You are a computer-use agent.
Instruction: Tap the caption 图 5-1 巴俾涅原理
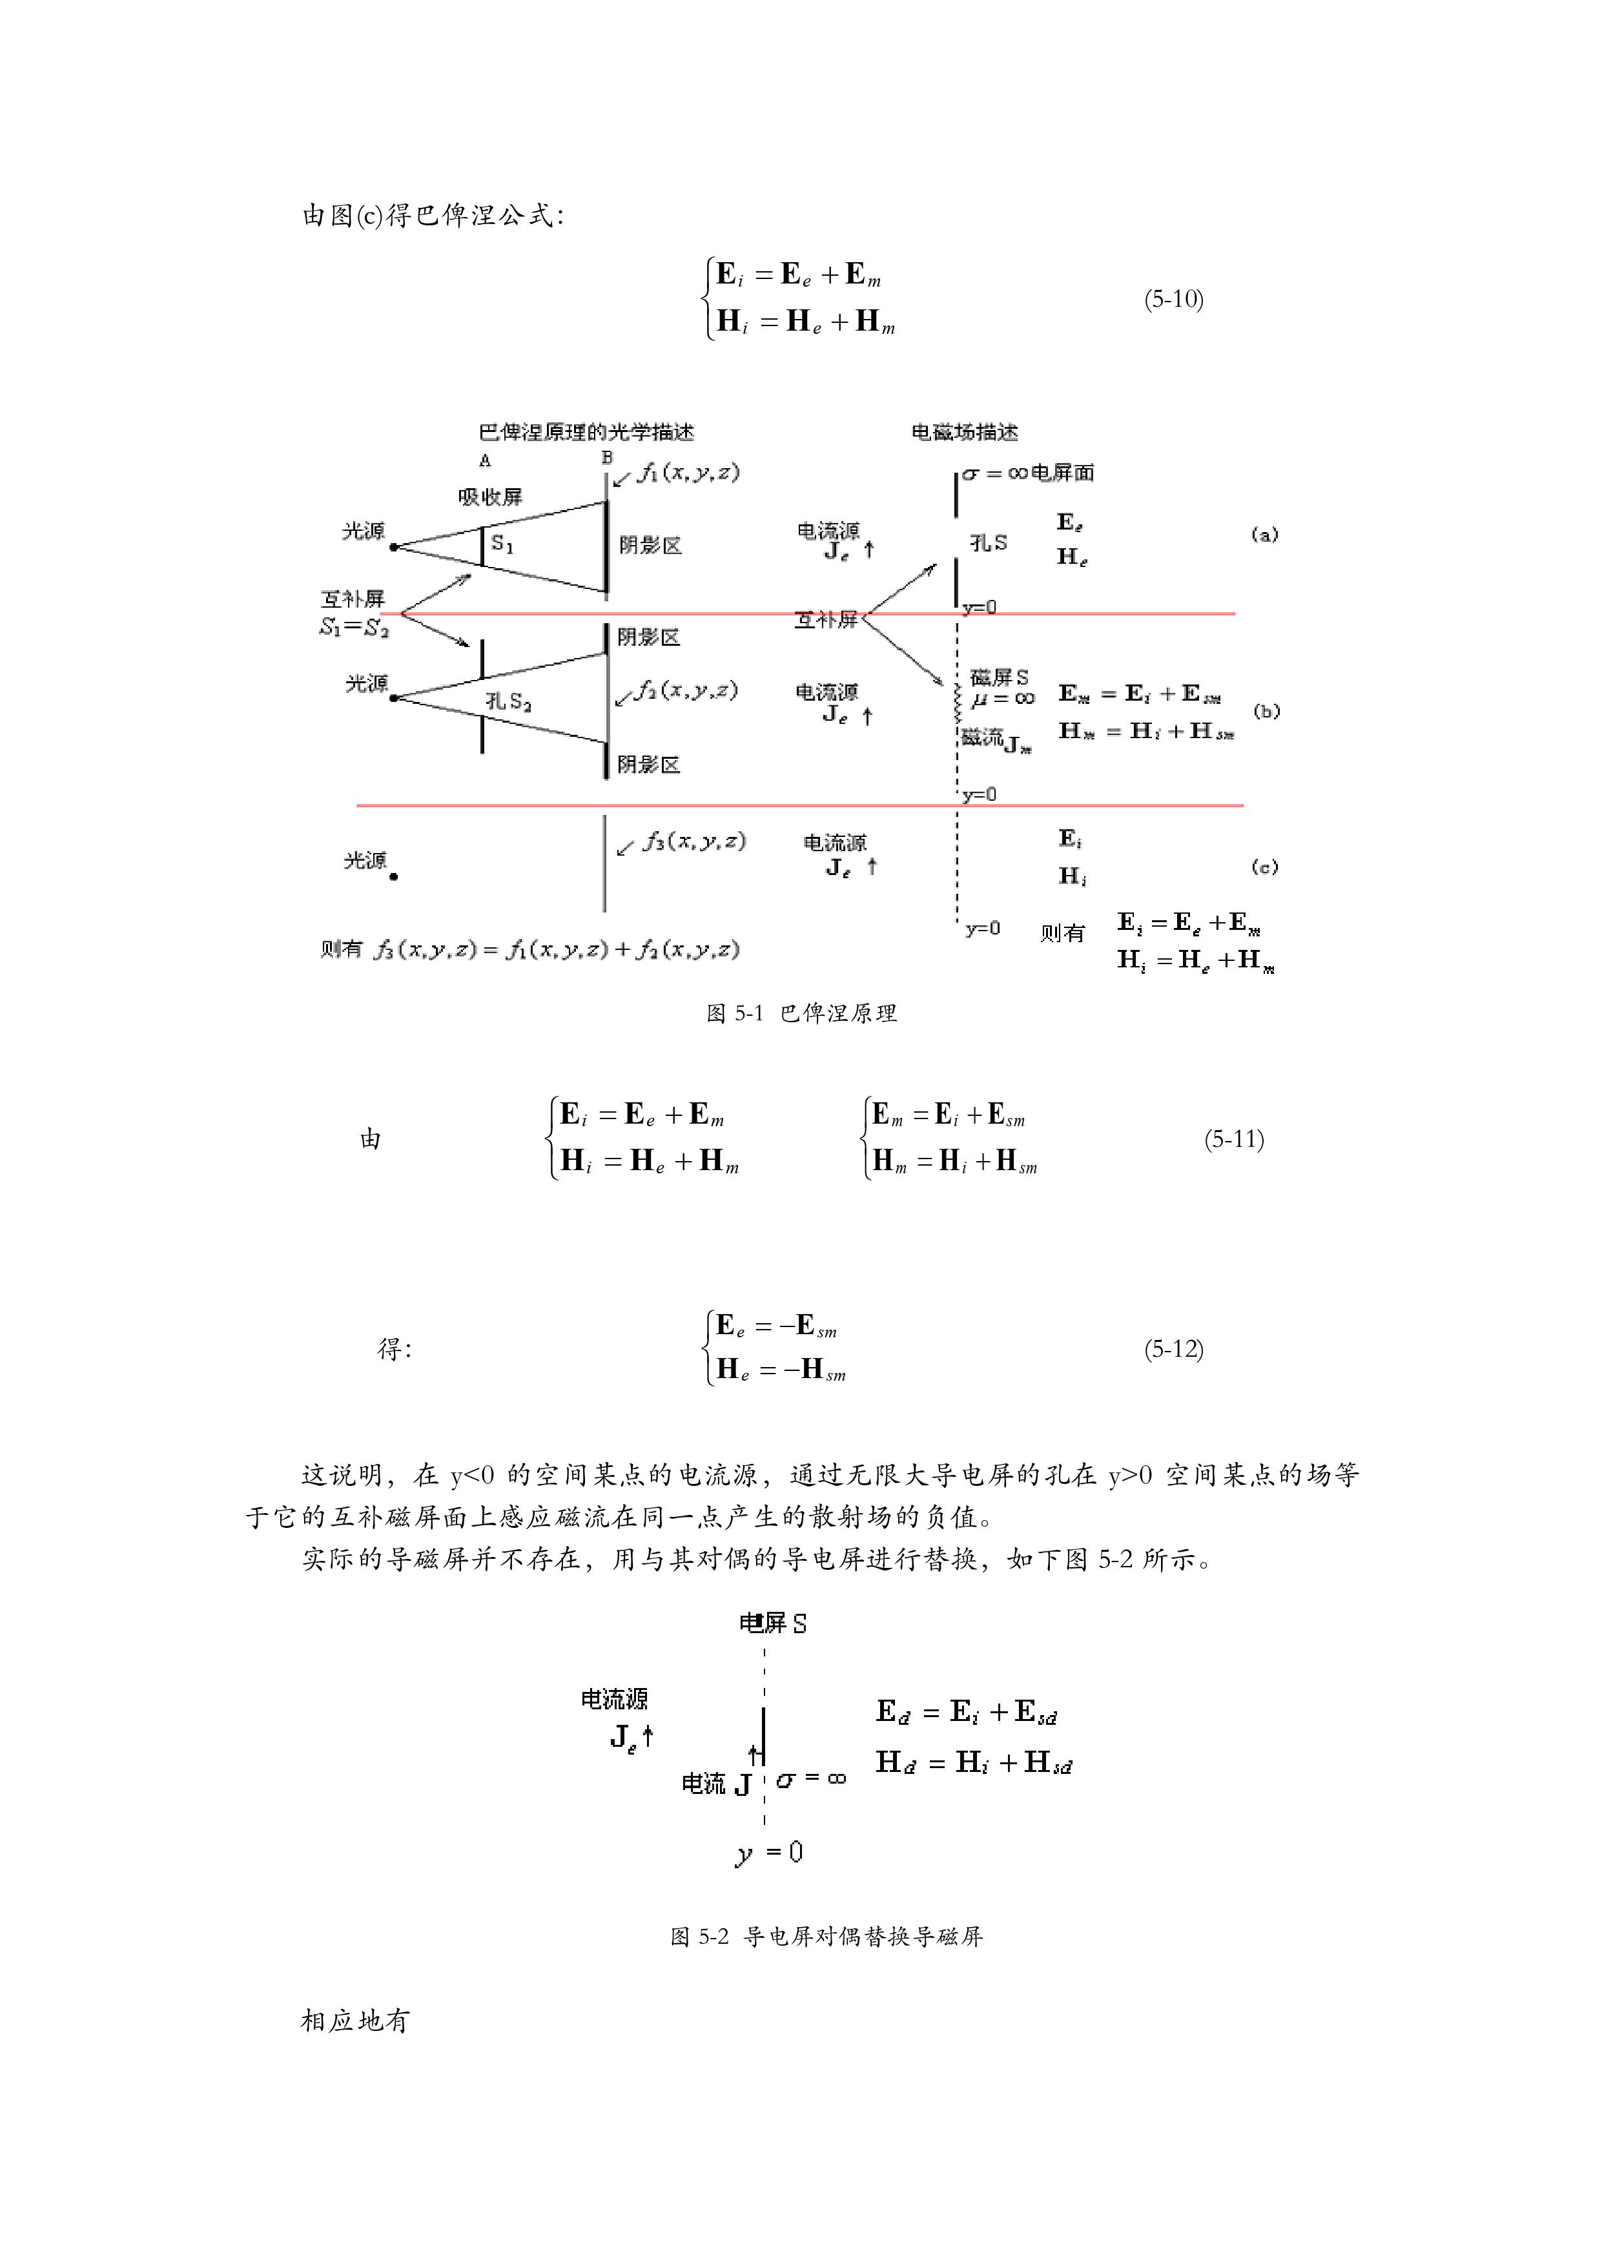pyautogui.click(x=801, y=1014)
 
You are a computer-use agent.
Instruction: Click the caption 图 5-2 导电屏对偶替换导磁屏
pyautogui.click(x=826, y=1937)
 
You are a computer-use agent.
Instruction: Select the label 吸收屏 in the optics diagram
pyautogui.click(x=489, y=497)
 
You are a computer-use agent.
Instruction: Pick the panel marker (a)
pyautogui.click(x=1264, y=534)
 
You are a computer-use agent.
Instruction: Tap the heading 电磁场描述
pyautogui.click(x=964, y=432)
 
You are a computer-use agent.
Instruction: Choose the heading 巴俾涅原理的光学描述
pyautogui.click(x=586, y=432)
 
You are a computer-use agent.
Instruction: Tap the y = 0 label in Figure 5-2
pyautogui.click(x=770, y=1853)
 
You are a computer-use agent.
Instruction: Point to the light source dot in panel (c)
pyautogui.click(x=394, y=876)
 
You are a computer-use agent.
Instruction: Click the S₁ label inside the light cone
pyautogui.click(x=502, y=544)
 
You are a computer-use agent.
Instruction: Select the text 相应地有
pyautogui.click(x=354, y=2021)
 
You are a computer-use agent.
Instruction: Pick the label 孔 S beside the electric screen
pyautogui.click(x=988, y=543)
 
